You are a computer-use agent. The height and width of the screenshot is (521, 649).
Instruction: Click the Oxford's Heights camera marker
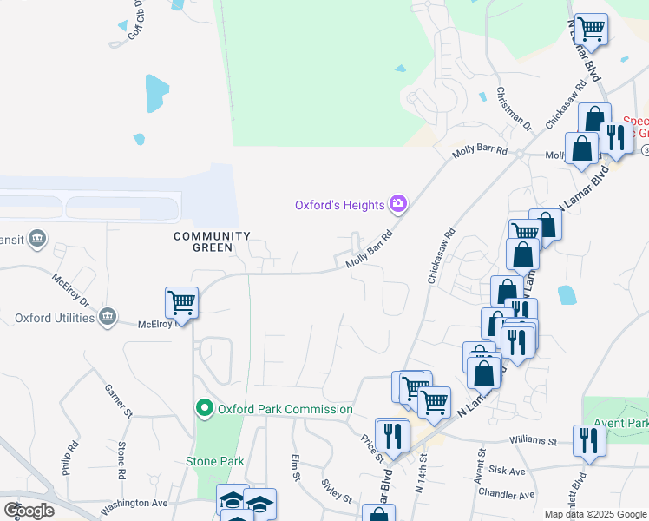coord(398,205)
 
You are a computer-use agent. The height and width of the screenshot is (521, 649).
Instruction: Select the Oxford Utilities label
coord(55,318)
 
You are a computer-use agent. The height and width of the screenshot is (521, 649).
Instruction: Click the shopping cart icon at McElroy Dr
coord(181,303)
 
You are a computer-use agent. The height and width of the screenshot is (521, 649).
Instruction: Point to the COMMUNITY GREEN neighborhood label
coord(212,241)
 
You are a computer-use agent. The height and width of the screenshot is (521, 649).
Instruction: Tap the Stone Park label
coord(214,462)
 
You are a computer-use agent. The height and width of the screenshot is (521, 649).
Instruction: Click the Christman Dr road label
coord(513,108)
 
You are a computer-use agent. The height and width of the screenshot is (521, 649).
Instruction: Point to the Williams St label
coord(533,441)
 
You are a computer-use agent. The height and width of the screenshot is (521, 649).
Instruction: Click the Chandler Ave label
coord(508,495)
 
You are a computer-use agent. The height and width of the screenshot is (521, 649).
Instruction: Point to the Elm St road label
coord(297,468)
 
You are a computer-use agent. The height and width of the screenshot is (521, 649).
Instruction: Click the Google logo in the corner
coord(29,511)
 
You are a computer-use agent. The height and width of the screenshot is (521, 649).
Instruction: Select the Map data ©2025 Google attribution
coord(594,514)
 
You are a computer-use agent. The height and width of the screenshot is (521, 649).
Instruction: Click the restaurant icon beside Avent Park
coord(589,440)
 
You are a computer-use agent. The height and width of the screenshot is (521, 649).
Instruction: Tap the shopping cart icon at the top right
coord(591,29)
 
